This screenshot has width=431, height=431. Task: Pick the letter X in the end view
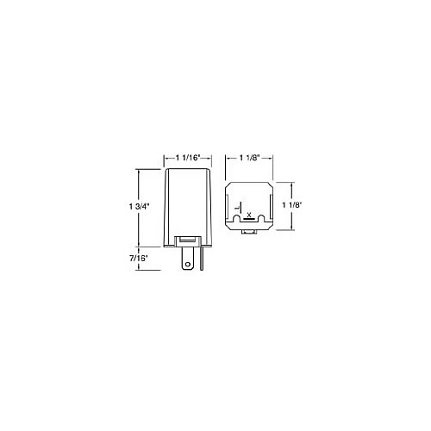pos(249,213)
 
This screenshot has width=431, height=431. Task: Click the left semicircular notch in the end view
pos(236,226)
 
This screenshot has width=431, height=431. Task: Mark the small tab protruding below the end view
pos(249,231)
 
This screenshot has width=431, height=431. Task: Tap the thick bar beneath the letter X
pos(249,219)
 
